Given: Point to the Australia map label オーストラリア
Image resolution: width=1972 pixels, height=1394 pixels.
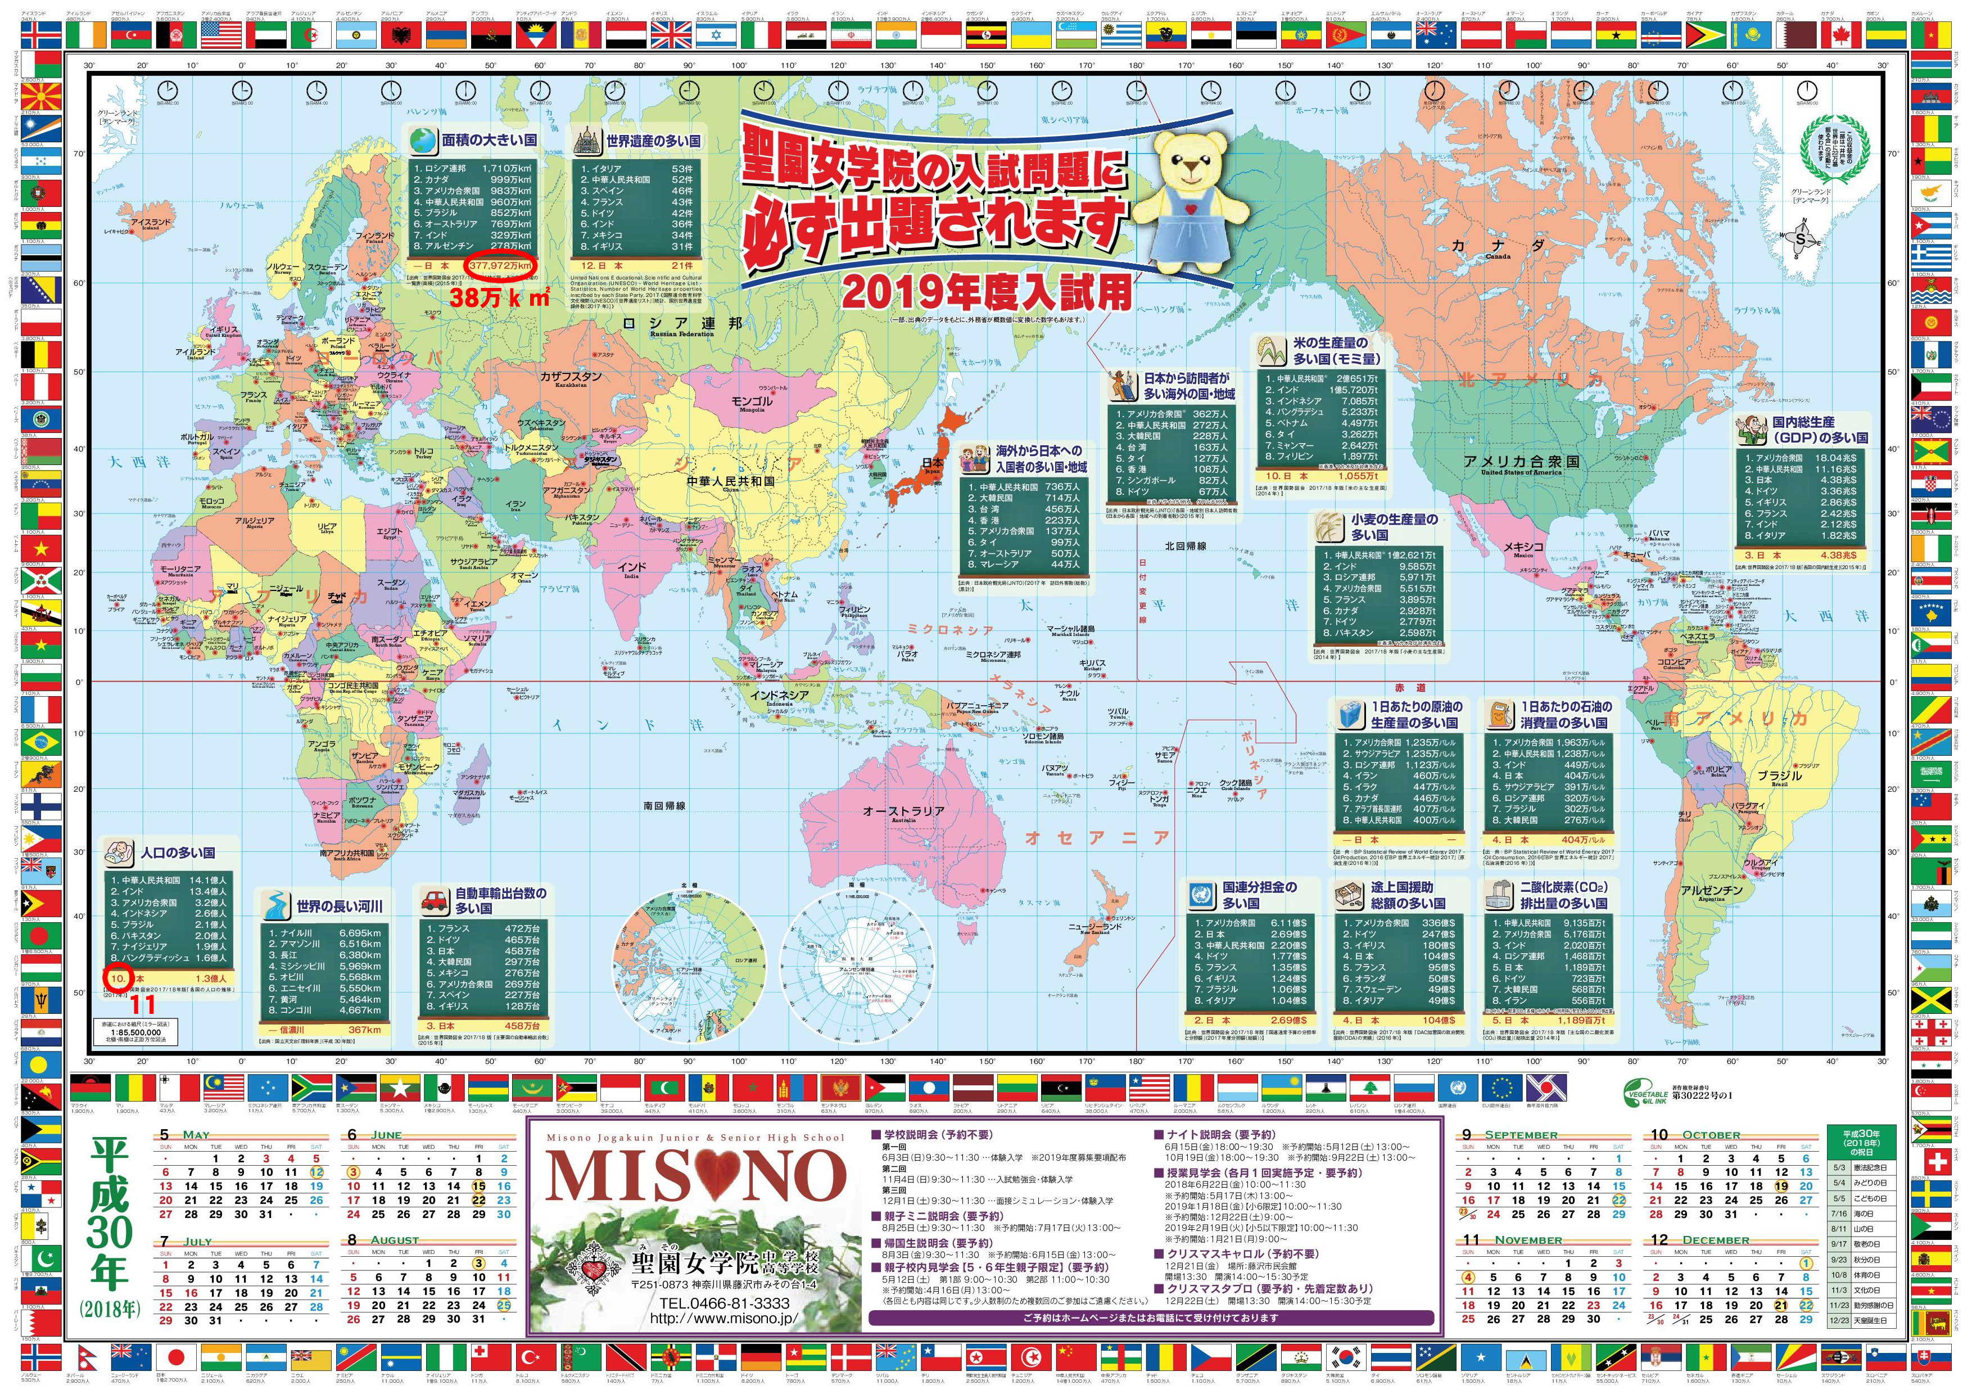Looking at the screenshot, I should click(x=903, y=811).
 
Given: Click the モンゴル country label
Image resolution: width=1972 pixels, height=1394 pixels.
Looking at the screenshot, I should click(x=750, y=401).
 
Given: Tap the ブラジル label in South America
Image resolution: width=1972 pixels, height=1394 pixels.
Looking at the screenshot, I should click(x=1779, y=775).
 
